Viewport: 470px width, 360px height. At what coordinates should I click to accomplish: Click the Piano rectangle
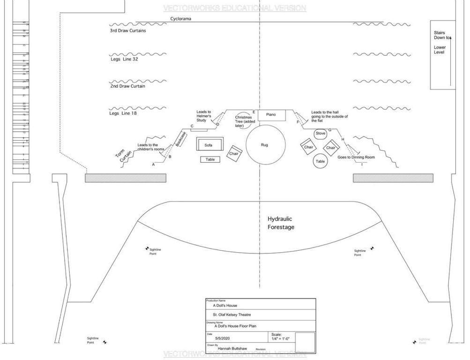[x=271, y=115]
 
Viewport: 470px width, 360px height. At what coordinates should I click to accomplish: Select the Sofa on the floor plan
[x=208, y=145]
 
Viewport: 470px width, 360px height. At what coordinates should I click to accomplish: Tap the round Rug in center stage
[x=266, y=145]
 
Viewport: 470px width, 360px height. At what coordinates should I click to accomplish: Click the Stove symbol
[x=321, y=133]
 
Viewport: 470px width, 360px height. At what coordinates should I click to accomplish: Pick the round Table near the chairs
[x=321, y=161]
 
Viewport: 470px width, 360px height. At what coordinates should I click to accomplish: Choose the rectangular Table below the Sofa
[x=210, y=159]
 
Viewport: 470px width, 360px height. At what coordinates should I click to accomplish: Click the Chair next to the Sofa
[x=233, y=154]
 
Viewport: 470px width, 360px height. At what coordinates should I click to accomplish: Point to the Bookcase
[x=181, y=140]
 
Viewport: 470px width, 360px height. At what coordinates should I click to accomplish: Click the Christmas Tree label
[x=244, y=121]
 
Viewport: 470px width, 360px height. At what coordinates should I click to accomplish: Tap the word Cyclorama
[x=180, y=19]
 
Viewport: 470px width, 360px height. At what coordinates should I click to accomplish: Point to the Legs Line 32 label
[x=124, y=60]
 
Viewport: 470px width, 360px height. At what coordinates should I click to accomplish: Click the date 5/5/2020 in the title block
[x=224, y=337]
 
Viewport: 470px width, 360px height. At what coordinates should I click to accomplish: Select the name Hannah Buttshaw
[x=227, y=349]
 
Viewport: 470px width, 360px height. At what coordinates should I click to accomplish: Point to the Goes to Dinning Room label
[x=356, y=158]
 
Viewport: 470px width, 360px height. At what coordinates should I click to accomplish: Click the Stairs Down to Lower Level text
[x=440, y=42]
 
